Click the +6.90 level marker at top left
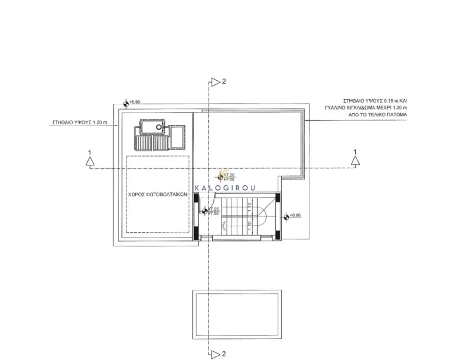tap(126, 103)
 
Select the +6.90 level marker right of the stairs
tap(287, 216)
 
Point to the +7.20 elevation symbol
tap(221, 176)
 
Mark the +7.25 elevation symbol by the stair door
tap(205, 211)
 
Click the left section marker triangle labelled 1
tap(90, 164)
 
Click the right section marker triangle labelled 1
tap(354, 164)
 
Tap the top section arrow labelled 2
tap(215, 83)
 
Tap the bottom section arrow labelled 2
tap(215, 354)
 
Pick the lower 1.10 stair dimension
tap(250, 225)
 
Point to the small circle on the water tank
tap(159, 127)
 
